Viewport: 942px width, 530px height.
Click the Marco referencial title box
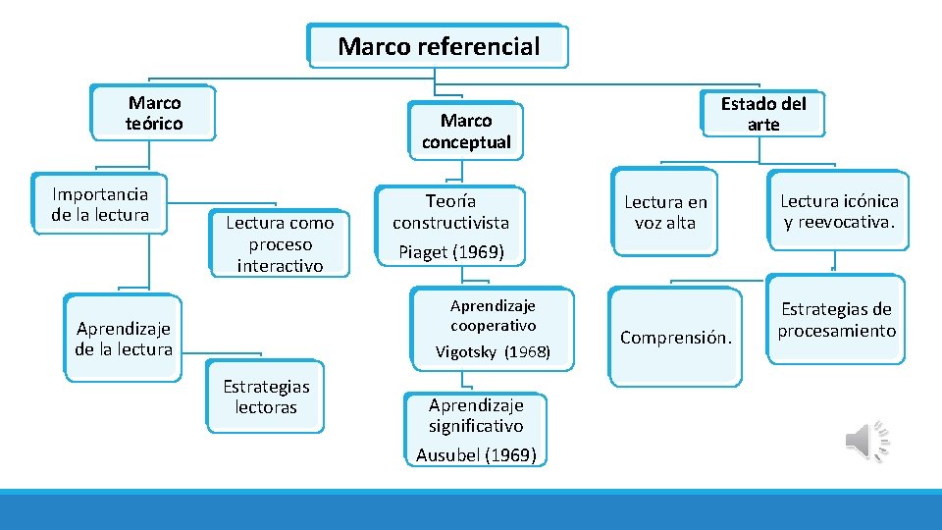pos(438,46)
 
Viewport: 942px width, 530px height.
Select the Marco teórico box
pos(154,113)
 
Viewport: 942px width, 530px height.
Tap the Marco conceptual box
pos(466,132)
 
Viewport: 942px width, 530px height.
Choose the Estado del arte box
pos(762,113)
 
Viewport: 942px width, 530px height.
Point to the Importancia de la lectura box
pos(100,205)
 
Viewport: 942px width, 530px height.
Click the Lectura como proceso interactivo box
pos(280,243)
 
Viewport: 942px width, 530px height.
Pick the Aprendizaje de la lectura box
pos(124,339)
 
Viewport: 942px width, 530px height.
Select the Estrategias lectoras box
pos(265,397)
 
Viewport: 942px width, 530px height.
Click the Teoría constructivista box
pos(451,212)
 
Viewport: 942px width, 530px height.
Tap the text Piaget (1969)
pos(451,252)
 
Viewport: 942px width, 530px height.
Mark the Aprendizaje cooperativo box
pos(493,315)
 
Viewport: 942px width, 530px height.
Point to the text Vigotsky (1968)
pos(493,351)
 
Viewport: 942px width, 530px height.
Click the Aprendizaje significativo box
pos(476,415)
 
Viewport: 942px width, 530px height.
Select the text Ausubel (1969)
pos(476,454)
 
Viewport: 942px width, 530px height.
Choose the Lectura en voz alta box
pos(665,212)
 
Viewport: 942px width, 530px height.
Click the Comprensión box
pos(675,338)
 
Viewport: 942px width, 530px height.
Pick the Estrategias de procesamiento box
pos(836,321)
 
